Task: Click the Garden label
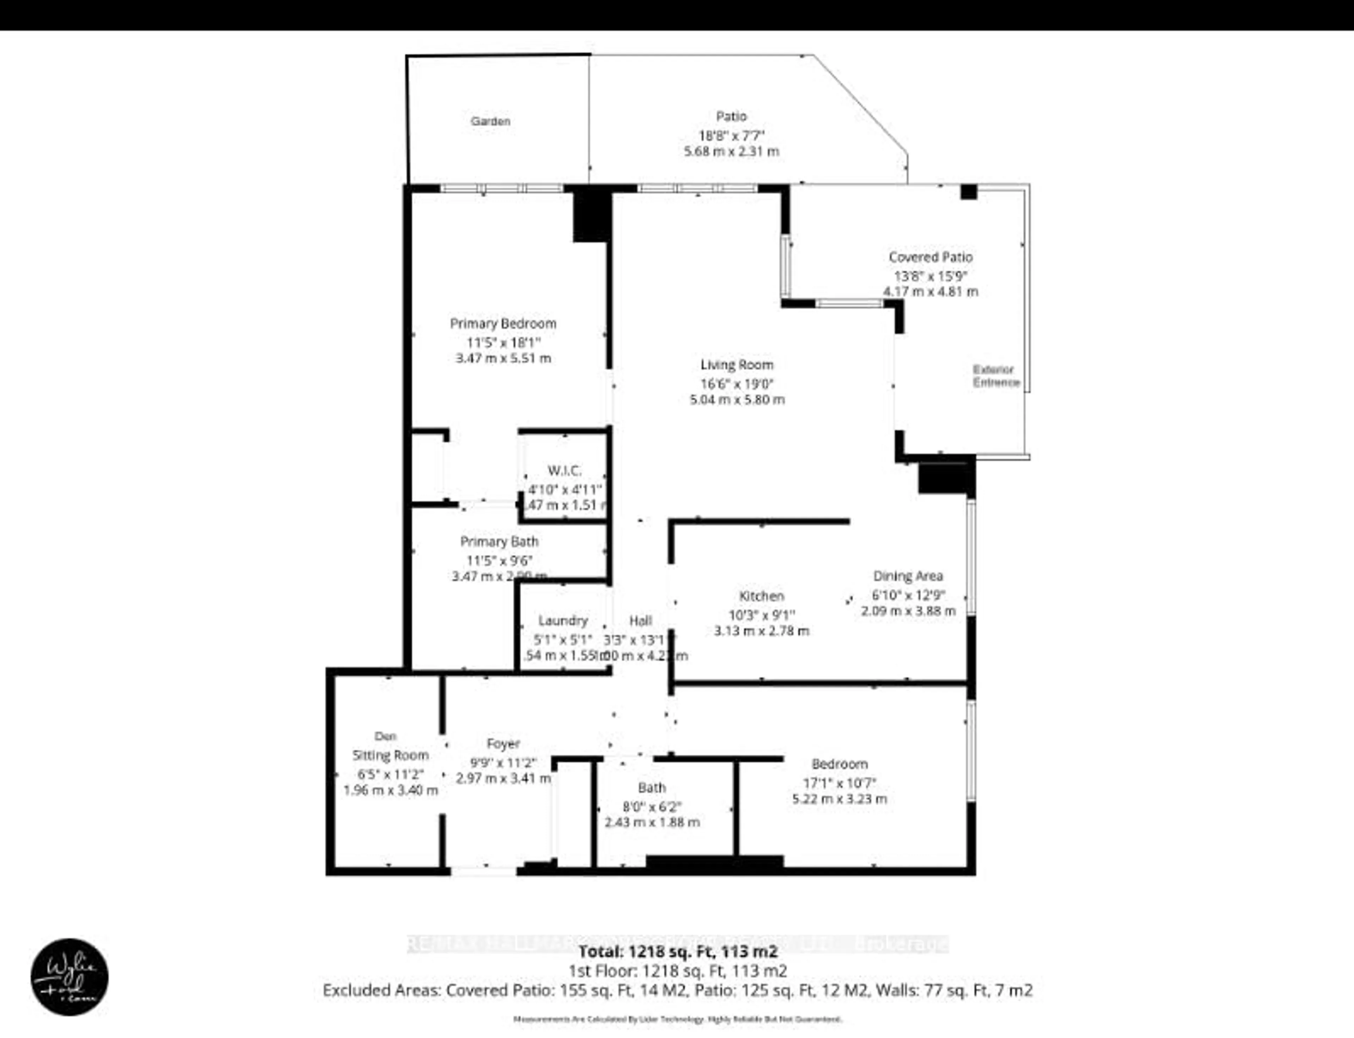click(490, 121)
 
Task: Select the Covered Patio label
click(931, 257)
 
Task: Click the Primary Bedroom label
click(503, 323)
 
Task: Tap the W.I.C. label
click(564, 471)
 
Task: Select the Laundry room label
click(563, 620)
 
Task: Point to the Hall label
click(641, 620)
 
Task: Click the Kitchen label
click(761, 596)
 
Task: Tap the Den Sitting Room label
click(390, 746)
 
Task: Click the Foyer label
click(503, 744)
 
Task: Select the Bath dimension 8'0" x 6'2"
click(652, 806)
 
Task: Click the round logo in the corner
click(69, 976)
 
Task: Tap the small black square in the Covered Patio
click(968, 192)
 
